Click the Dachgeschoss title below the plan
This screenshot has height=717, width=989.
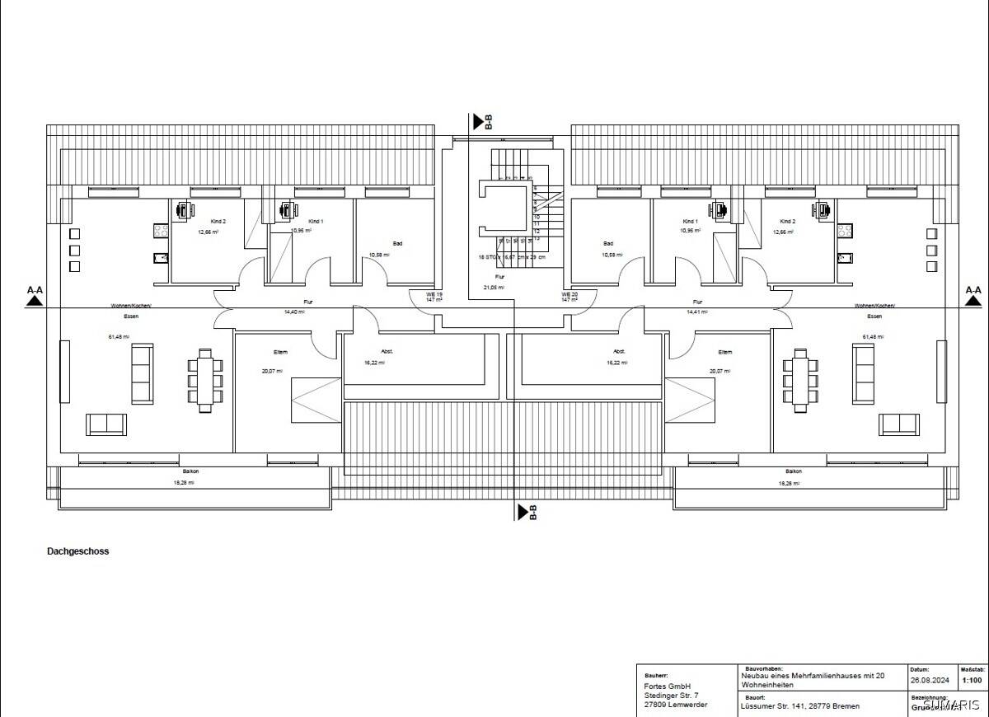coord(77,551)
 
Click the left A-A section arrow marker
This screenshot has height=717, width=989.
coord(35,300)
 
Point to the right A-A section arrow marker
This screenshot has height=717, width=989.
coord(973,300)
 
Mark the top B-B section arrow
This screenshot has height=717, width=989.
coord(479,123)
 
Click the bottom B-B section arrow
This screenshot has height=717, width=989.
coord(523,512)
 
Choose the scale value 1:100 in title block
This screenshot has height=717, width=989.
coord(972,681)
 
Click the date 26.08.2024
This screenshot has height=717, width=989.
coord(929,681)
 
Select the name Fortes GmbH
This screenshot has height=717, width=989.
coord(667,687)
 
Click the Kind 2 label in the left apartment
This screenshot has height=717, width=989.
coord(218,222)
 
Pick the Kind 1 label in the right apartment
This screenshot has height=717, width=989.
coord(690,222)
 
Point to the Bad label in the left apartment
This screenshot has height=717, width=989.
coord(397,244)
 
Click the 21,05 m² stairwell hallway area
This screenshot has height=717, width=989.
coord(494,288)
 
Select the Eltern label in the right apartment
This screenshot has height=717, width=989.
coord(724,352)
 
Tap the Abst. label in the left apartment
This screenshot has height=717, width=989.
coord(387,352)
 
